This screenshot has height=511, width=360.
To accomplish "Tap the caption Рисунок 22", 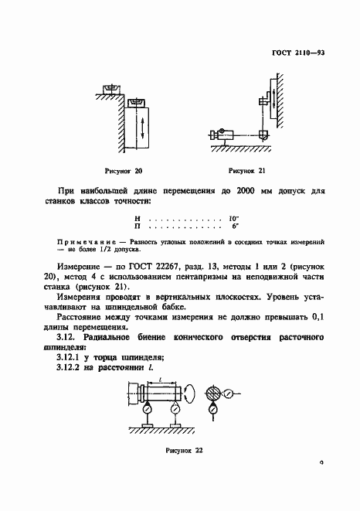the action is click(182, 448).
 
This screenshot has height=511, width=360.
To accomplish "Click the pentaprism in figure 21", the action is click(263, 133).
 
